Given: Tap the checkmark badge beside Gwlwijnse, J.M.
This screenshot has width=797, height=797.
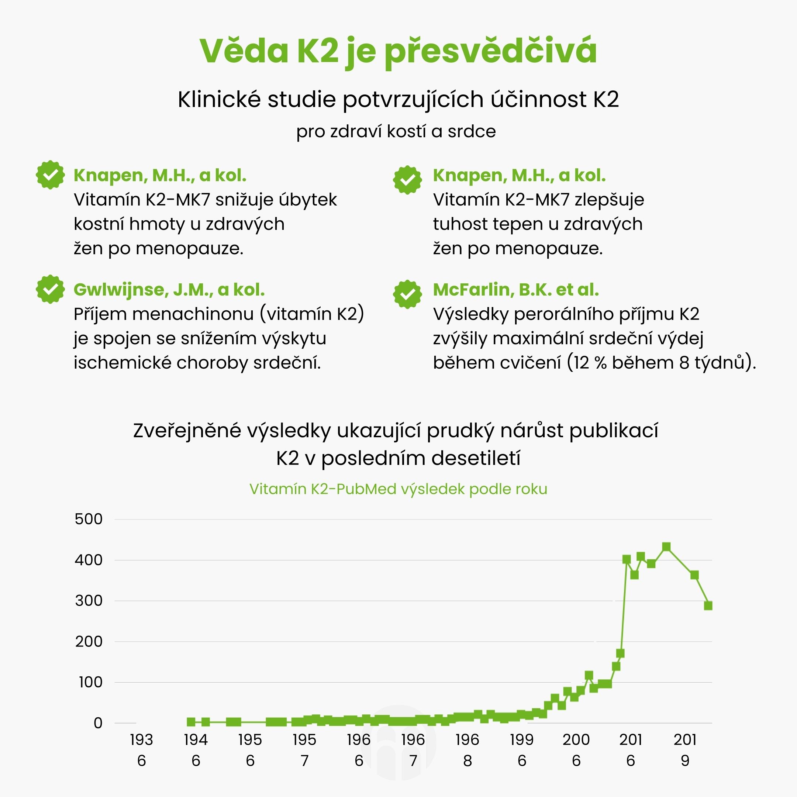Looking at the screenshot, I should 50,289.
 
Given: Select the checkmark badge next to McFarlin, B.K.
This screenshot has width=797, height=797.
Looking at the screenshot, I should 407,294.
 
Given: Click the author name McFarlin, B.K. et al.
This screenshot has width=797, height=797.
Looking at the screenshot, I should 516,290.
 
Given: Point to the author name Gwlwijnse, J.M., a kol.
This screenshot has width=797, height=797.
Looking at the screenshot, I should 169,290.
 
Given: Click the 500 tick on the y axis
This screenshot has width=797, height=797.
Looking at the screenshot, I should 88,519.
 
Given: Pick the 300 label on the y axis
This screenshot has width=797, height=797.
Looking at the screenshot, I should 88,601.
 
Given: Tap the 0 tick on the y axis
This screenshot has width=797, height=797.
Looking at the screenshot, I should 98,723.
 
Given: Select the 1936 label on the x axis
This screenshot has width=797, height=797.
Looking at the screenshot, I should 141,750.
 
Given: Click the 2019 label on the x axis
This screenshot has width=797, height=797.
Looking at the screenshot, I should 685,750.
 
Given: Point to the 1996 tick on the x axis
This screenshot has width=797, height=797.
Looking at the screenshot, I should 522,750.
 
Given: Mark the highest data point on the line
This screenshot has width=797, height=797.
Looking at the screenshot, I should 666,547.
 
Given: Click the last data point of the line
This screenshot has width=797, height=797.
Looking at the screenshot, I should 708,605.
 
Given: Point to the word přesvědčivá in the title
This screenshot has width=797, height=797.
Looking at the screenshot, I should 491,51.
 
